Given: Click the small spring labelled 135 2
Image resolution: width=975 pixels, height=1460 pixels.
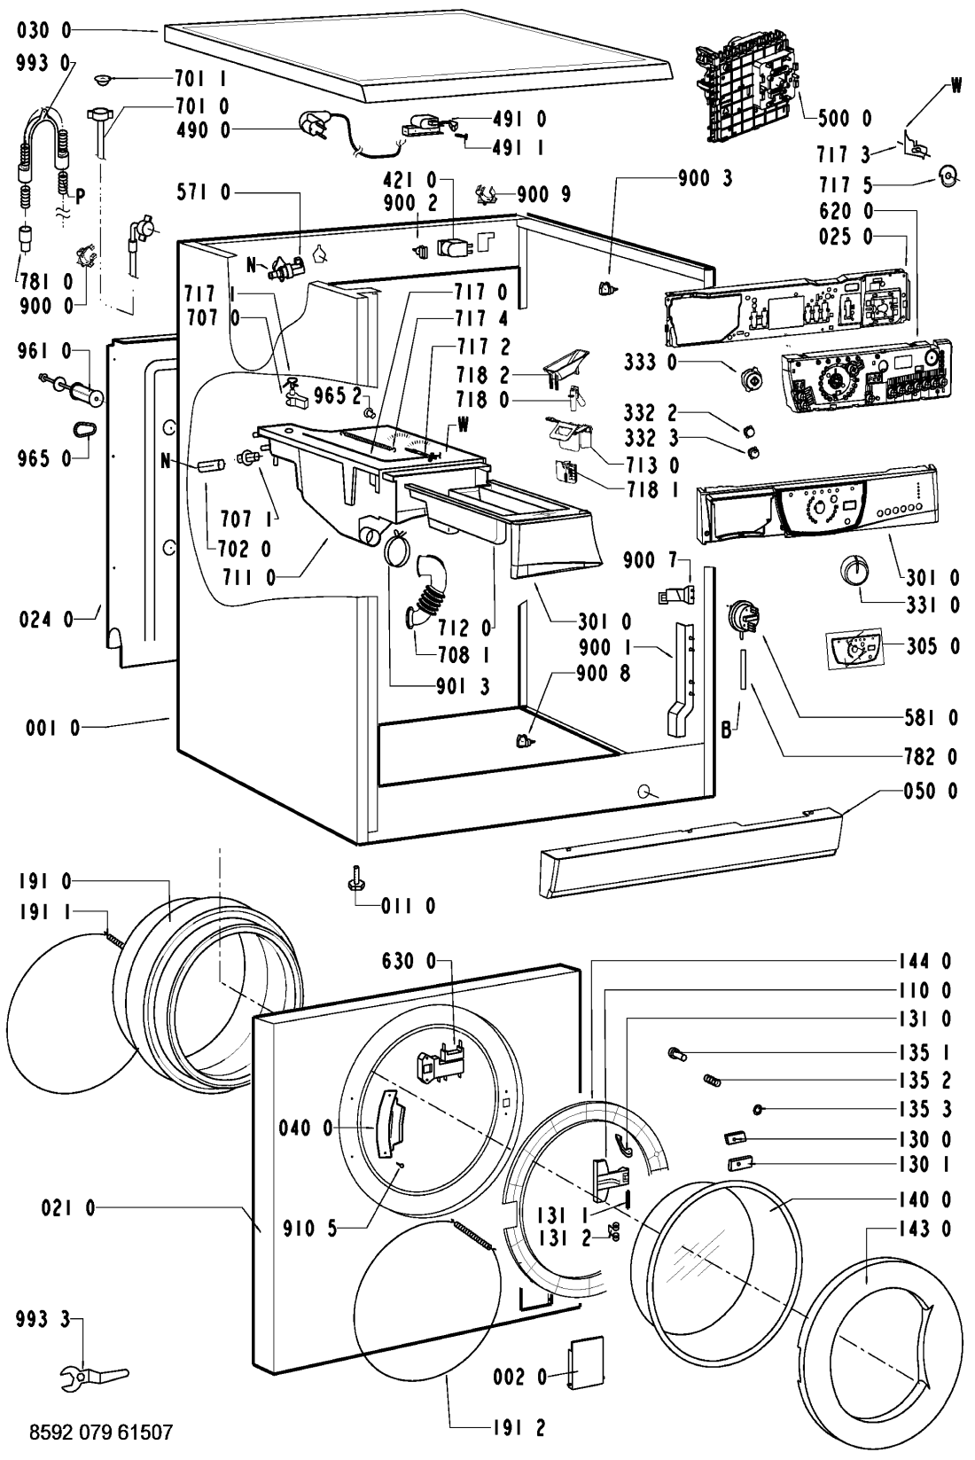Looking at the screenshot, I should [714, 1080].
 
